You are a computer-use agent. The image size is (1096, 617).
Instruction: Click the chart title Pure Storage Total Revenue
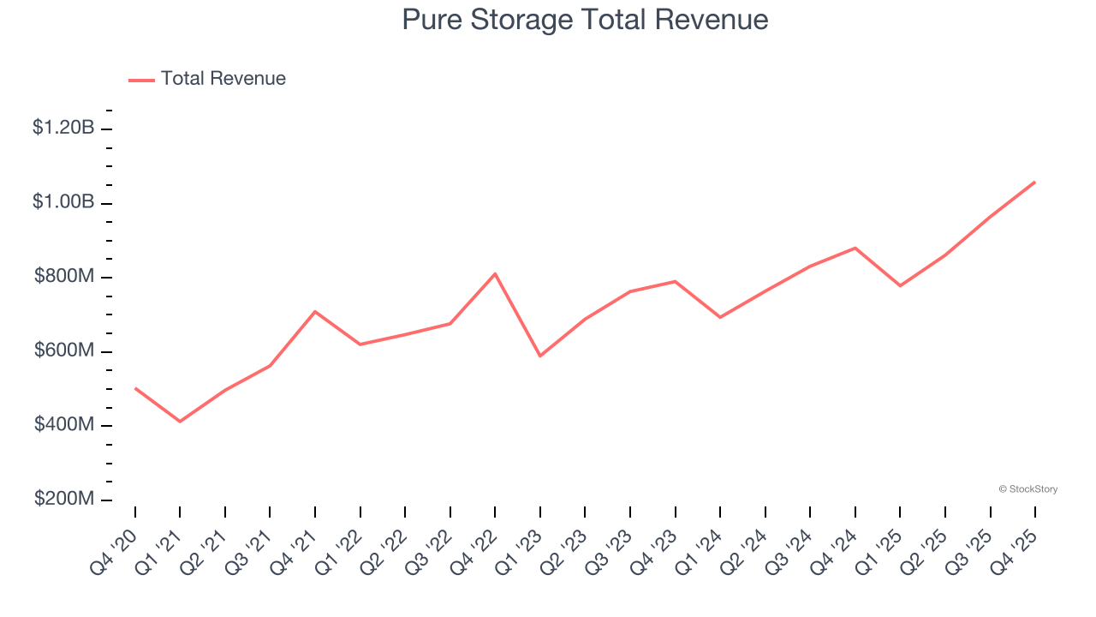tap(585, 20)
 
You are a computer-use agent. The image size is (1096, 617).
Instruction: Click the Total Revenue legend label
tap(223, 79)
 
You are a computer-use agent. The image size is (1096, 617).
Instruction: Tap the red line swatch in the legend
tap(141, 80)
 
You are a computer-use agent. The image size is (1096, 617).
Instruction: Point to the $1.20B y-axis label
tap(63, 129)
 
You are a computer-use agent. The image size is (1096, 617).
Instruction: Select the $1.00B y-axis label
tap(63, 202)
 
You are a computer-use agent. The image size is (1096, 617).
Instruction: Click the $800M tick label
tap(64, 277)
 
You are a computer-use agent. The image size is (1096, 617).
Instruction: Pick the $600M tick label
tap(64, 351)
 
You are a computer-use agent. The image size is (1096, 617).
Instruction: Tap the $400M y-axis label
tap(64, 425)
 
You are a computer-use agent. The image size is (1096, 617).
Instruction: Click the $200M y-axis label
tap(64, 500)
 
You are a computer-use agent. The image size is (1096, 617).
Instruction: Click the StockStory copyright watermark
tap(1027, 489)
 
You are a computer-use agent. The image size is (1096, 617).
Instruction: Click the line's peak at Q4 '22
tap(495, 273)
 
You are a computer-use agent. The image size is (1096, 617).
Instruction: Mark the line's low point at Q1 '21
tap(180, 422)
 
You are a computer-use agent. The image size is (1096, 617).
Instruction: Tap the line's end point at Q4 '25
tap(1034, 182)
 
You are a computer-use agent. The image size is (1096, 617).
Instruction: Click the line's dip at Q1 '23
tap(540, 356)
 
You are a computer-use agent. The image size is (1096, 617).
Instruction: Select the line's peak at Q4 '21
tap(315, 311)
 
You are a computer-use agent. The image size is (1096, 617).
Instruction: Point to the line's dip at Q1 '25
tap(900, 285)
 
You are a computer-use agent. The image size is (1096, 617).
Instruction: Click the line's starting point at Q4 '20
tap(135, 388)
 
